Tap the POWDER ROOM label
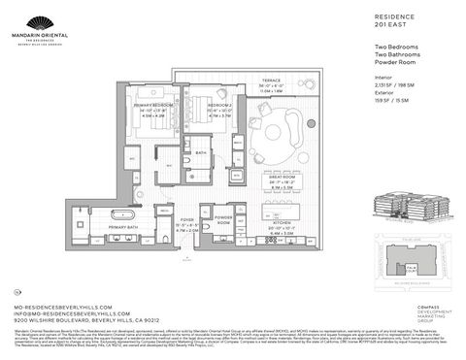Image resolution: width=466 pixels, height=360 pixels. [222, 219]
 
